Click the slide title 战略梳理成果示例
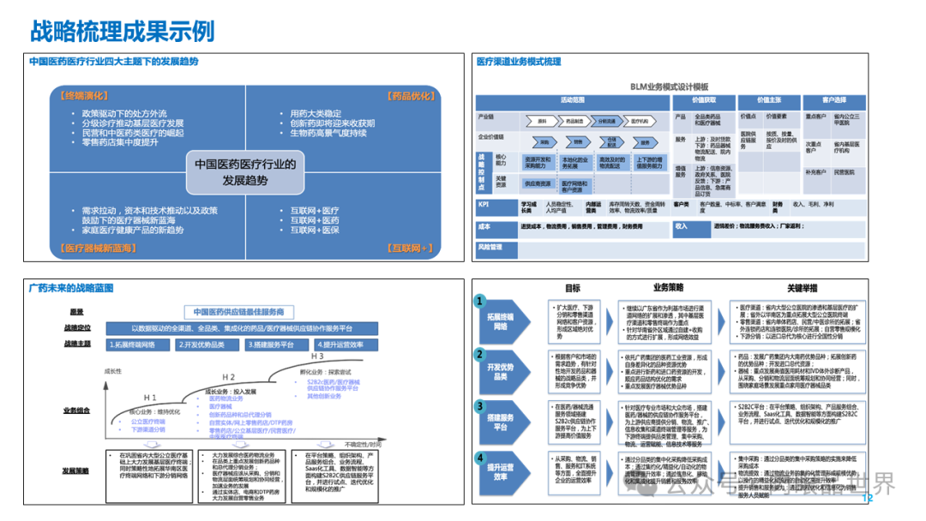click(x=122, y=32)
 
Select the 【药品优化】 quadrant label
click(x=408, y=96)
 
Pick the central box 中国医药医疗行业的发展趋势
click(x=244, y=171)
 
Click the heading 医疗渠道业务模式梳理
click(x=519, y=62)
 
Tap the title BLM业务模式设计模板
click(x=670, y=87)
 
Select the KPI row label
click(x=486, y=204)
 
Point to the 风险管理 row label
click(x=490, y=248)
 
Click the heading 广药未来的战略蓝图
click(x=70, y=288)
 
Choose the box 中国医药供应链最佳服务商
click(x=238, y=311)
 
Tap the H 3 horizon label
click(x=316, y=356)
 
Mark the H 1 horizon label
click(x=150, y=398)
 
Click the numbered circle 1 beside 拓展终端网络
click(x=481, y=302)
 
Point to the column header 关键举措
click(x=797, y=288)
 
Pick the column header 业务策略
click(x=669, y=288)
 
